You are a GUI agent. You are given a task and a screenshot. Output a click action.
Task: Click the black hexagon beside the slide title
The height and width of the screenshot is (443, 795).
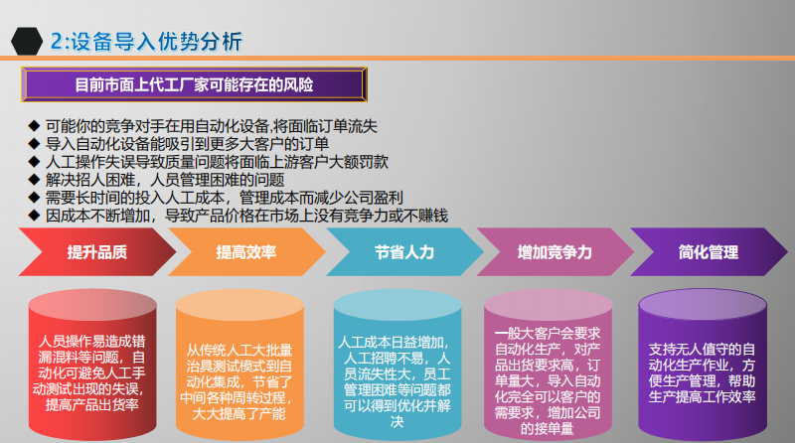point(27,41)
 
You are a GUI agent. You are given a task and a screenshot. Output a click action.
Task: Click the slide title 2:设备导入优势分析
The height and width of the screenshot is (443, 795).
point(146,42)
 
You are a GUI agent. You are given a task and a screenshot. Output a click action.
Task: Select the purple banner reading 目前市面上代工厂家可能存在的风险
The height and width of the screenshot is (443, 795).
point(194,84)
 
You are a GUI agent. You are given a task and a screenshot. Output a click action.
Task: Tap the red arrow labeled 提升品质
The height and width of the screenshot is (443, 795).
point(96,252)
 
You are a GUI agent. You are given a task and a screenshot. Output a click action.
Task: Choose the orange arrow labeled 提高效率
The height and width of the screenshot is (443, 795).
point(246,252)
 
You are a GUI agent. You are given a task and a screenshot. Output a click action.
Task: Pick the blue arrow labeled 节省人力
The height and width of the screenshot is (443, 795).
point(404,252)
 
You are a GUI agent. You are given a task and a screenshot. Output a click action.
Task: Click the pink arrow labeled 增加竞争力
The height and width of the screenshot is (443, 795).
point(555,252)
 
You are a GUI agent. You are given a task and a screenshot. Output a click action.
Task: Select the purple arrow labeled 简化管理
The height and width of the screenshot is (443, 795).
point(709,252)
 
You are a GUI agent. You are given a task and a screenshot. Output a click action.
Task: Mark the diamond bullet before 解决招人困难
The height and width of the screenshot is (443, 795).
point(34,180)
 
